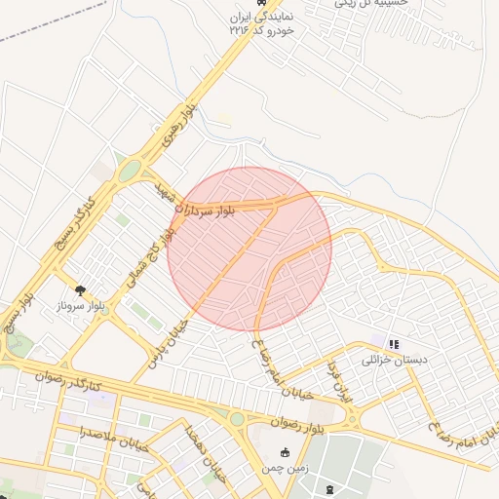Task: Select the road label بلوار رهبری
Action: [x=179, y=125]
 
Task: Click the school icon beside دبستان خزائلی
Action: [x=394, y=344]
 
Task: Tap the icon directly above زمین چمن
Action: [x=285, y=452]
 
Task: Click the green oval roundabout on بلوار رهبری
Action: [x=128, y=172]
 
